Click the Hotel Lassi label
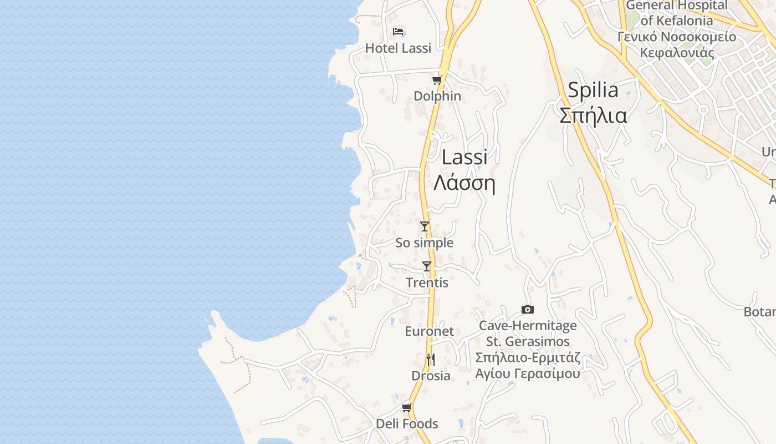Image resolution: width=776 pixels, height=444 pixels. point(398,48)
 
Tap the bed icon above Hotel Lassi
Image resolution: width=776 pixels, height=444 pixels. point(398,32)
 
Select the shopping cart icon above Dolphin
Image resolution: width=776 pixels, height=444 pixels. point(437,80)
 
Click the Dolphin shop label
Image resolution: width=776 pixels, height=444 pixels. point(437,96)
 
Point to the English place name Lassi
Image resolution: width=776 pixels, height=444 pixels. point(464,158)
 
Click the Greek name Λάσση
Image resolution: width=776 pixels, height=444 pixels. point(464,183)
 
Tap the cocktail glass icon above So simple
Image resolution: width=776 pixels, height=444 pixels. point(425,226)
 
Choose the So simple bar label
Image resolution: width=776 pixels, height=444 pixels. point(424,243)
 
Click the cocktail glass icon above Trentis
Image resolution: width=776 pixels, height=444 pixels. point(427,266)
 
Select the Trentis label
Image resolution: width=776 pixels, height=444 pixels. point(427,283)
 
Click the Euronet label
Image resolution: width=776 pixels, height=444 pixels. point(429,331)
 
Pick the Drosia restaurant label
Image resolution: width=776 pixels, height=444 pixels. point(431,376)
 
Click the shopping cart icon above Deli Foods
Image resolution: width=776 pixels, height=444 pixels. point(407,408)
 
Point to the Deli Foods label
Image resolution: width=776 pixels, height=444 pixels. point(407,424)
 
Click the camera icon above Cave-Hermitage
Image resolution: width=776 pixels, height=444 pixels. point(528,310)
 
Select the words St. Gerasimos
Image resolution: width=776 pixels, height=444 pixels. point(528,341)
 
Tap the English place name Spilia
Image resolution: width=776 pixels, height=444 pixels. point(593,90)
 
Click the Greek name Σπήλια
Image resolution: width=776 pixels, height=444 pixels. point(593,115)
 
